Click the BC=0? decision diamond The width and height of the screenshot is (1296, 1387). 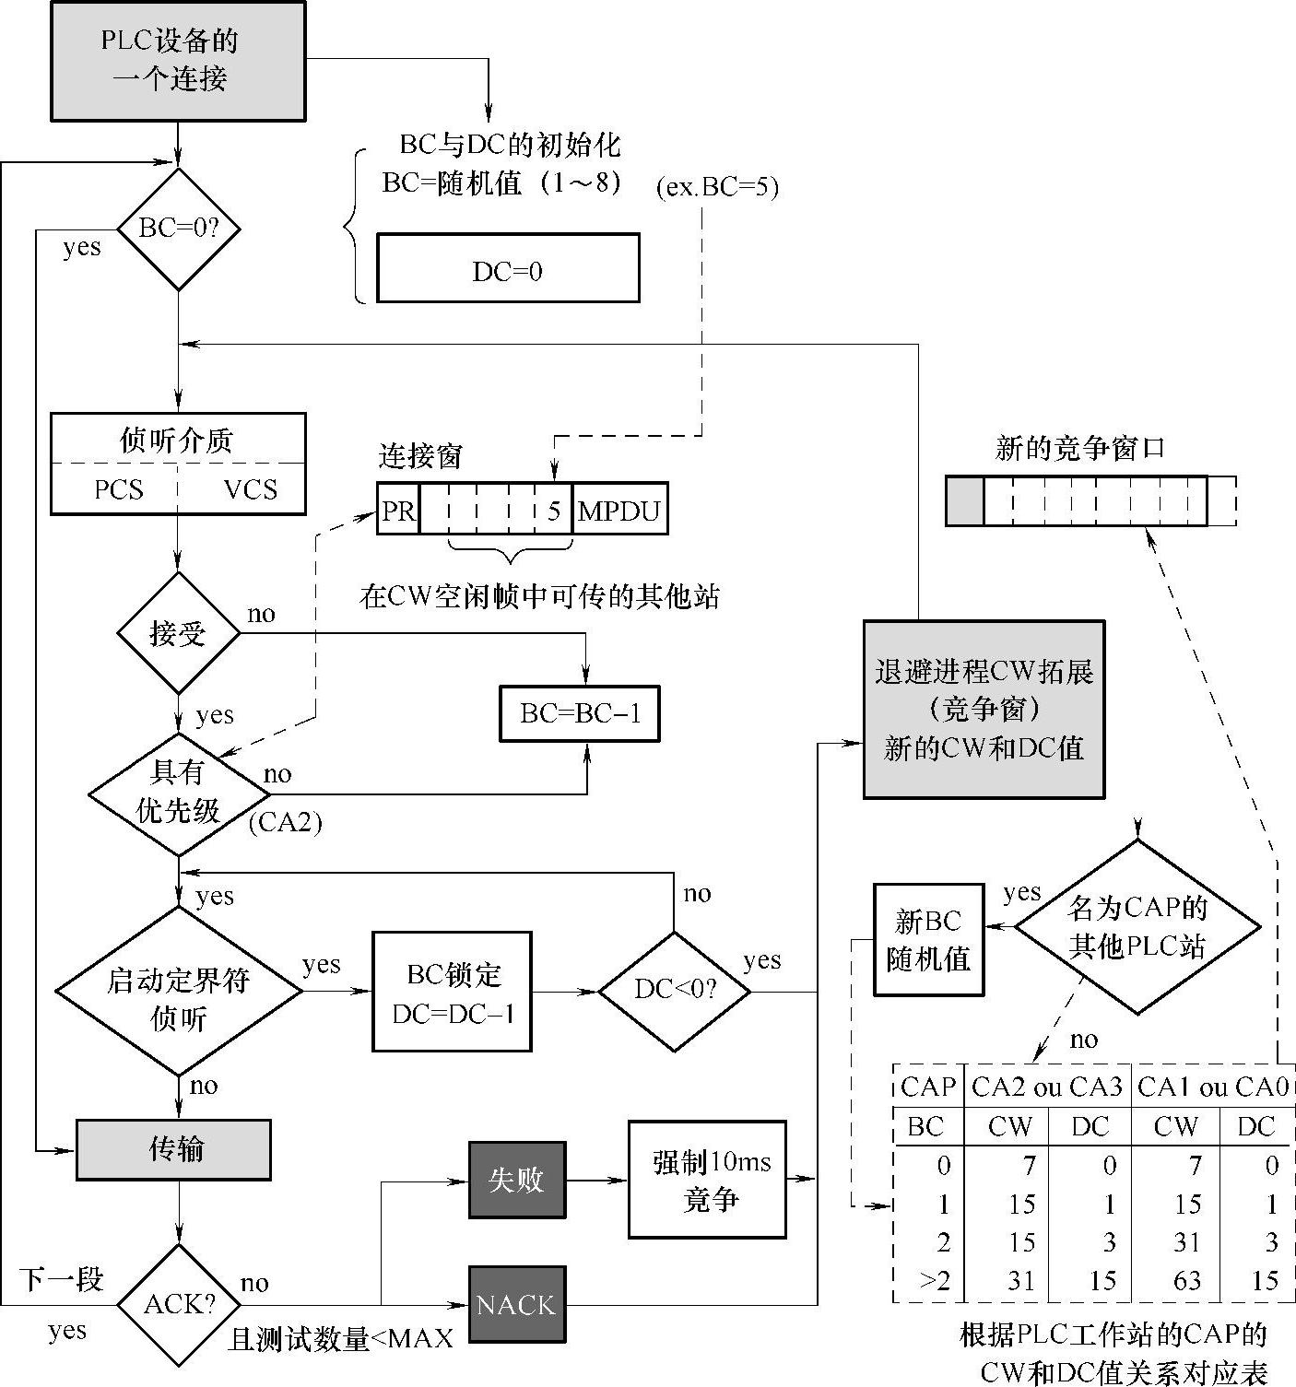click(x=178, y=229)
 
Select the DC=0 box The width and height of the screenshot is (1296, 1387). click(x=508, y=268)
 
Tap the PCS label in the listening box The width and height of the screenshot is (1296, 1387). click(x=119, y=488)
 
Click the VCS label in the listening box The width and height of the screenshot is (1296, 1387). click(x=250, y=488)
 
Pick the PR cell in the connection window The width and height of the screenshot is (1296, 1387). click(x=398, y=510)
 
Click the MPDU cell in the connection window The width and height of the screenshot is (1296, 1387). click(x=619, y=510)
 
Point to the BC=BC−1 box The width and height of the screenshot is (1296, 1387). click(x=580, y=713)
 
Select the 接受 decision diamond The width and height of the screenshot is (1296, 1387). click(x=178, y=633)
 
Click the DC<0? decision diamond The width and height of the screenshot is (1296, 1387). click(x=675, y=991)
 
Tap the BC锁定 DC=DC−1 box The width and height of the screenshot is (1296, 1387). click(x=453, y=992)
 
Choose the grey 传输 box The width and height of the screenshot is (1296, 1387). click(x=173, y=1149)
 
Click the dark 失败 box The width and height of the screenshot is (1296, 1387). click(x=516, y=1180)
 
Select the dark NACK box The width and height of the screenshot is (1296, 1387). click(x=516, y=1304)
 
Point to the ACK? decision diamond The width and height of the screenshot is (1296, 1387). click(x=179, y=1304)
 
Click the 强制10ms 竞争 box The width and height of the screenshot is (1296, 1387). click(x=708, y=1180)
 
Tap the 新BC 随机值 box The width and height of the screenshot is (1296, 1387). click(x=928, y=939)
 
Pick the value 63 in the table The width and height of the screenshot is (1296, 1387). click(x=1187, y=1280)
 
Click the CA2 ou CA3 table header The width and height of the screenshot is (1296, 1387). click(x=1046, y=1087)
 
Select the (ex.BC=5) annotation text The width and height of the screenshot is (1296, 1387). click(x=717, y=187)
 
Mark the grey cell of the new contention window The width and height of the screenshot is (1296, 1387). click(x=965, y=501)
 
